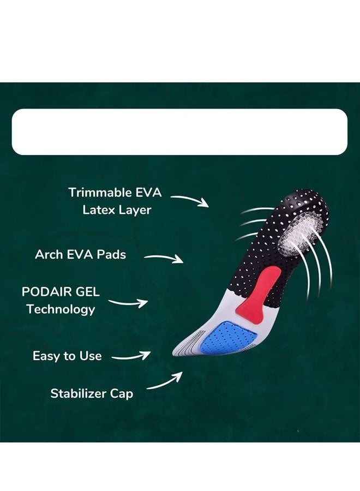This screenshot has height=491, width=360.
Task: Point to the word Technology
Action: (x=61, y=309)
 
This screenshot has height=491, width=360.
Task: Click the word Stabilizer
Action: (x=77, y=393)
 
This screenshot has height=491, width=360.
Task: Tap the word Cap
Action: (x=121, y=394)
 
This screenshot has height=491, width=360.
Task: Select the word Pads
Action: (x=111, y=254)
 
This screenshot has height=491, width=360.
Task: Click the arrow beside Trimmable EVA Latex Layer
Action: (x=190, y=200)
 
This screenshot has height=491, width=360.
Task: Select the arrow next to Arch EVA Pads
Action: (x=164, y=258)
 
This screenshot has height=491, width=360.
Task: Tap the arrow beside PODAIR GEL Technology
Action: (x=128, y=303)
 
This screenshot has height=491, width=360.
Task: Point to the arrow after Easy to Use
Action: (x=131, y=356)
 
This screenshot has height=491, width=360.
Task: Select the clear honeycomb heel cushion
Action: (x=299, y=233)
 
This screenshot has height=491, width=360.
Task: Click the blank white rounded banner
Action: (x=179, y=132)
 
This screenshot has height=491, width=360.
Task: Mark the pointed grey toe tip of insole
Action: (x=174, y=354)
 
